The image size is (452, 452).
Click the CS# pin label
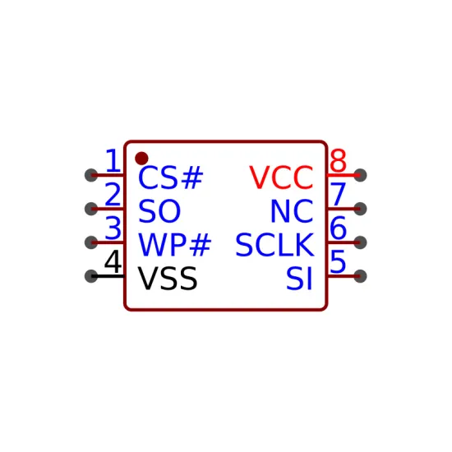pyautogui.click(x=171, y=178)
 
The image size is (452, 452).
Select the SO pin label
pyautogui.click(x=159, y=211)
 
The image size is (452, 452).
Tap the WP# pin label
pyautogui.click(x=175, y=245)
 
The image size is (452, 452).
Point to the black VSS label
pyautogui.click(x=168, y=279)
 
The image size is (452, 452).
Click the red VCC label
pyautogui.click(x=281, y=178)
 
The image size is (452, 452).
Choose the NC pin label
pyautogui.click(x=292, y=211)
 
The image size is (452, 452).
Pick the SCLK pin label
pyautogui.click(x=274, y=245)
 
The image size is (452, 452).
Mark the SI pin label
pyautogui.click(x=299, y=279)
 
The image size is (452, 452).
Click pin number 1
pyautogui.click(x=113, y=160)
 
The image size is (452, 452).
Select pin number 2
pyautogui.click(x=113, y=194)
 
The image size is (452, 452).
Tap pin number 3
pyautogui.click(x=113, y=228)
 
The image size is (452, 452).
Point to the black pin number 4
pyautogui.click(x=113, y=261)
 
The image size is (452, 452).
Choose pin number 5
pyautogui.click(x=338, y=261)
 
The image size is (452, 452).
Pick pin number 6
pyautogui.click(x=338, y=228)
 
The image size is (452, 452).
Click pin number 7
pyautogui.click(x=338, y=194)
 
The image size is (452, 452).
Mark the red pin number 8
pyautogui.click(x=338, y=160)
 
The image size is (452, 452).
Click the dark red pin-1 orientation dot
pyautogui.click(x=141, y=159)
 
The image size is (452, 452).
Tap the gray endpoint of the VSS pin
pyautogui.click(x=91, y=276)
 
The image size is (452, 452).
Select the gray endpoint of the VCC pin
pyautogui.click(x=360, y=175)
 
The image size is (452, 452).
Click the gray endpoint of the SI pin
pyautogui.click(x=360, y=276)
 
